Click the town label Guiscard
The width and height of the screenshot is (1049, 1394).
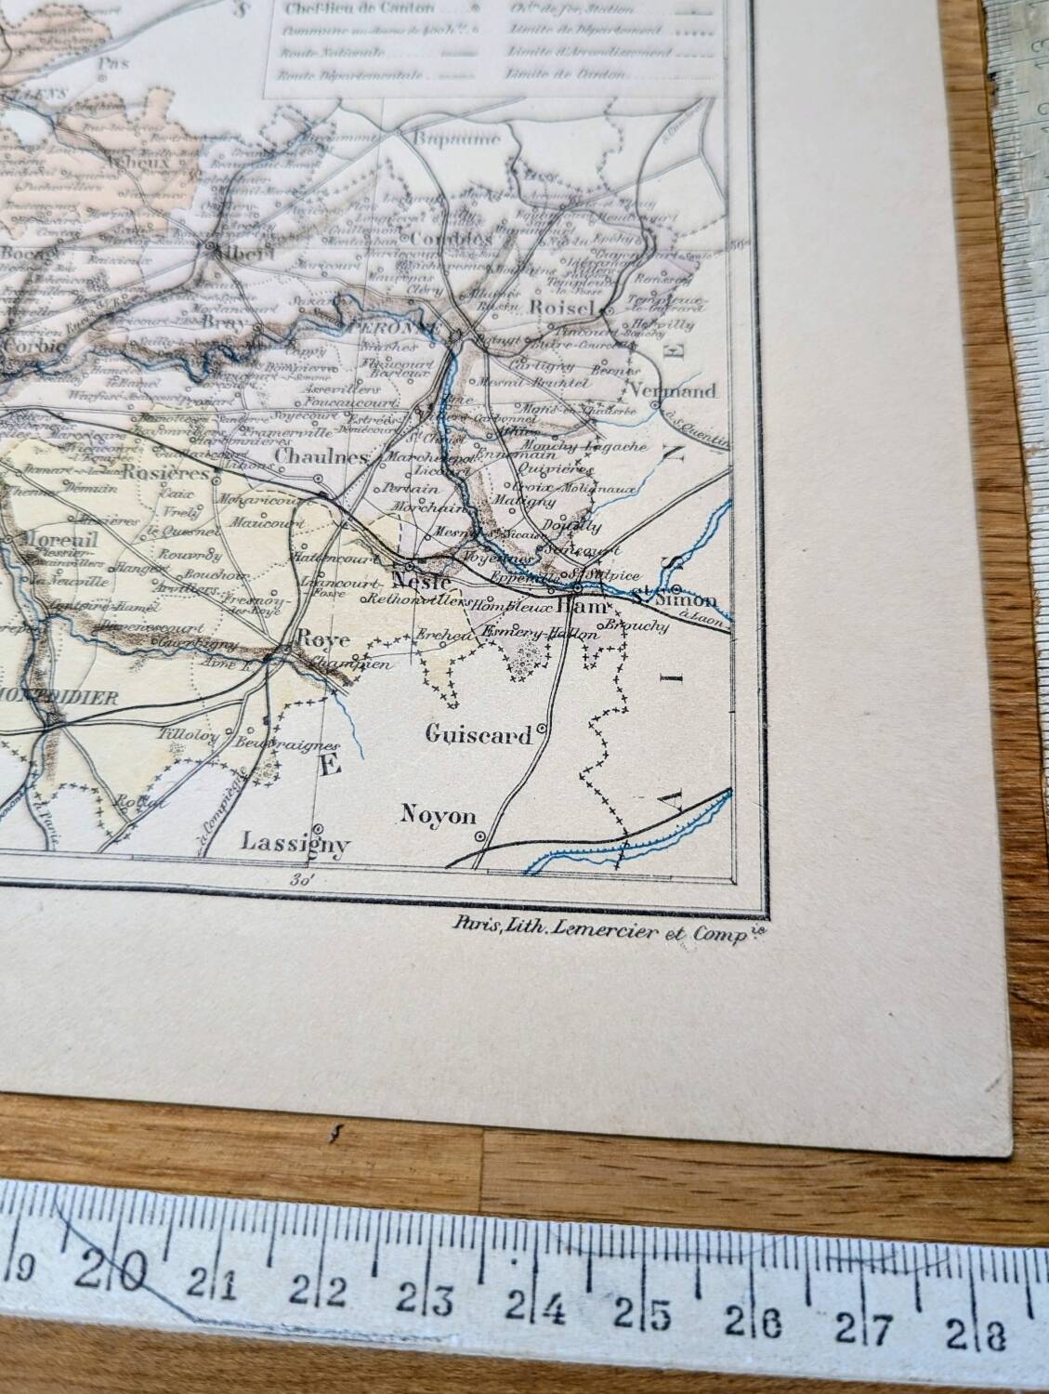[x=479, y=734]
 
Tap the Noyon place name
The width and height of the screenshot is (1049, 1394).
[x=438, y=816]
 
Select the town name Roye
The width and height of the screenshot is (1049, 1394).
[x=316, y=639]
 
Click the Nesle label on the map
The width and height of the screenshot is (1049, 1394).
[x=422, y=581]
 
